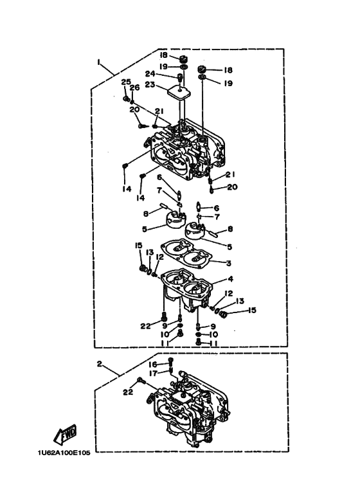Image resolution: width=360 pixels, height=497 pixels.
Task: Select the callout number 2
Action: pyautogui.click(x=100, y=364)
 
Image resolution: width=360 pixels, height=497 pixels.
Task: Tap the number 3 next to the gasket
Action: pyautogui.click(x=228, y=263)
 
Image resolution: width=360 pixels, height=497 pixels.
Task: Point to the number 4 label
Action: pyautogui.click(x=230, y=279)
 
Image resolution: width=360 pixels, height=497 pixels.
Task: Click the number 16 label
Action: pyautogui.click(x=153, y=364)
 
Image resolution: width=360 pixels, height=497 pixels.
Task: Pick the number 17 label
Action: pyautogui.click(x=154, y=374)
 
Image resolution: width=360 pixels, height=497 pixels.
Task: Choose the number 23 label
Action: pyautogui.click(x=150, y=85)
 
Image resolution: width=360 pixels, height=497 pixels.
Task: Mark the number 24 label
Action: pyautogui.click(x=150, y=73)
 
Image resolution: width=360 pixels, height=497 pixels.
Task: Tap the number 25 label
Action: pyautogui.click(x=126, y=82)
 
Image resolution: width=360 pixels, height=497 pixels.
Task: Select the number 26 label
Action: pyautogui.click(x=135, y=87)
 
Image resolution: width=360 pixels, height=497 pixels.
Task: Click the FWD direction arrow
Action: pyautogui.click(x=65, y=434)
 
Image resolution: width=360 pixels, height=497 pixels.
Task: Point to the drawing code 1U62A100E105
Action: pyautogui.click(x=64, y=453)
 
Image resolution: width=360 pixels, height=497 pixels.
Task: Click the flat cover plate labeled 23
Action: pyautogui.click(x=180, y=92)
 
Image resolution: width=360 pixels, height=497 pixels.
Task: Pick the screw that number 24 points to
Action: pyautogui.click(x=180, y=77)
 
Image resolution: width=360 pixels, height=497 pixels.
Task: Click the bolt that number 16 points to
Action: pyautogui.click(x=171, y=361)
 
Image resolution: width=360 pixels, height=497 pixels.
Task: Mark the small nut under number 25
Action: pyautogui.click(x=125, y=99)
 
